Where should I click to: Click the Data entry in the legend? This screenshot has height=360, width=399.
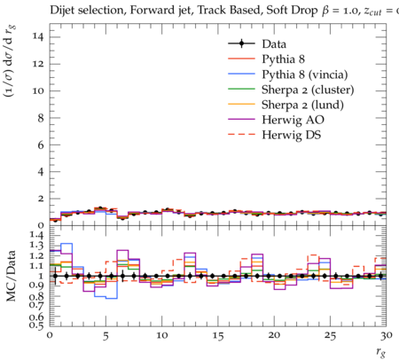click(x=274, y=44)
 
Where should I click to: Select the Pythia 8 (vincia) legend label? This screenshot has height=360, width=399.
click(x=305, y=74)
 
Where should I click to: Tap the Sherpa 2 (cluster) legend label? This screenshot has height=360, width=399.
click(x=308, y=90)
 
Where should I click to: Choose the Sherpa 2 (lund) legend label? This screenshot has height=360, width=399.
click(x=302, y=105)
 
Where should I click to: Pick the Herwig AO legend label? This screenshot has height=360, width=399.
click(x=293, y=120)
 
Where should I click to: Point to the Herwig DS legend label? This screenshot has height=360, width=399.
click(x=292, y=135)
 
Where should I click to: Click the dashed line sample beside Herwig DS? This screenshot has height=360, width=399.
click(x=241, y=134)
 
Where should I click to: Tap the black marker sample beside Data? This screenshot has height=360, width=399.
click(x=241, y=43)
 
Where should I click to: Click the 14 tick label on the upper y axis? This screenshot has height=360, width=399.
click(x=39, y=37)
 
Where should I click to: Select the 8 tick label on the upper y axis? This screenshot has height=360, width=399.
click(x=41, y=118)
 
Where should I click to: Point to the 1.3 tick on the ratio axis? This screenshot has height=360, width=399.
click(x=36, y=246)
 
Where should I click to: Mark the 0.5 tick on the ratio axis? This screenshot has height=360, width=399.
click(x=36, y=325)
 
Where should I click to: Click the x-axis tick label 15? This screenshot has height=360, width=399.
click(x=218, y=335)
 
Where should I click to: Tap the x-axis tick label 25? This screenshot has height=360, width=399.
click(x=330, y=335)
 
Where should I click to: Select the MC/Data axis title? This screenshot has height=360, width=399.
click(x=11, y=276)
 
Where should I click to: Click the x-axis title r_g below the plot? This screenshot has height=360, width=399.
click(x=380, y=351)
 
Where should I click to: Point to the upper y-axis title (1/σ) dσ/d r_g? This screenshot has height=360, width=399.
click(x=10, y=61)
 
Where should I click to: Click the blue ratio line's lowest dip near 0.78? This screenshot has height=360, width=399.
click(x=112, y=298)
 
